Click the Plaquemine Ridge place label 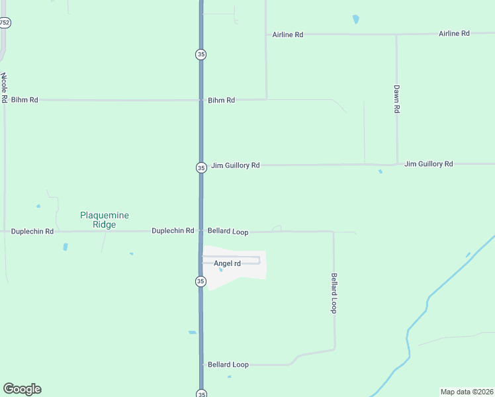coord(104,220)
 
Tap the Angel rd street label coord(227,263)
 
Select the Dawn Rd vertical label coord(397,99)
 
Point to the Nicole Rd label coord(4,87)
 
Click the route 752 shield coord(5,22)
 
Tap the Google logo coord(22,389)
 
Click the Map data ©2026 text coord(467,391)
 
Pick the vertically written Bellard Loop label coord(334,293)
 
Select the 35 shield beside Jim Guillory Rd coord(201,168)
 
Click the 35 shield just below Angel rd coord(201,282)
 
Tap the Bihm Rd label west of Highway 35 coord(24,100)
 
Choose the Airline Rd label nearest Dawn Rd coord(454,33)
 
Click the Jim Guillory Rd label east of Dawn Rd coord(428,163)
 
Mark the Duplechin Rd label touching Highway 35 coord(173,231)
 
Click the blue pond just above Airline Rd coord(356,19)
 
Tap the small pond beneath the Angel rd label coord(220,269)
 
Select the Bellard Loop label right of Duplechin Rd coord(228,232)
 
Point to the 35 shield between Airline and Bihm coord(201,54)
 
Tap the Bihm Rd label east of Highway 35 coord(221,101)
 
